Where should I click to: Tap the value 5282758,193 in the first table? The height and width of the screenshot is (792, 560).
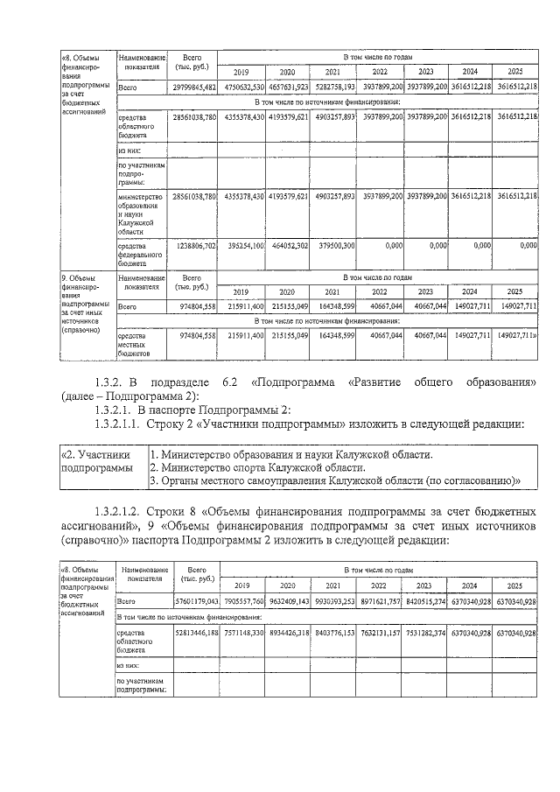coord(333,88)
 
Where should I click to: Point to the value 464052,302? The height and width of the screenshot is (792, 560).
coord(287,247)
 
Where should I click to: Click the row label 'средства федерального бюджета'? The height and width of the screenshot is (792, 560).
coord(140,254)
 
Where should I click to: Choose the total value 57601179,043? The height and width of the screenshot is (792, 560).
coord(195,602)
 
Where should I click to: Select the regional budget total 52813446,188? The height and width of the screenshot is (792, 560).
coord(195,631)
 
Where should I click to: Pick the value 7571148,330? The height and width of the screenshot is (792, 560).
coord(242,631)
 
